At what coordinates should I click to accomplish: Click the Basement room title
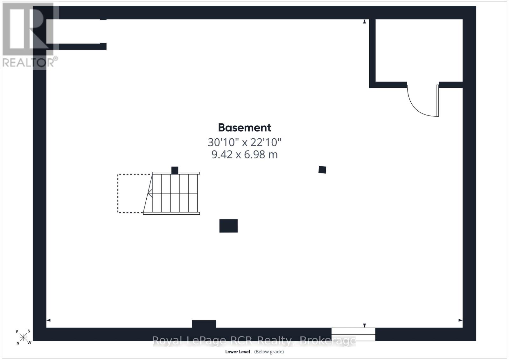point(245,128)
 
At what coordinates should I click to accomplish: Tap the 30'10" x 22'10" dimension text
point(245,142)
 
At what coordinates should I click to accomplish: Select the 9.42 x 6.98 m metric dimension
point(245,155)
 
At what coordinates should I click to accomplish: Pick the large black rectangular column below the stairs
point(228,226)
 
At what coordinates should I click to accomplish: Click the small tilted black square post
point(322,170)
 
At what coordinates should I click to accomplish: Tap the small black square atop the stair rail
point(175,170)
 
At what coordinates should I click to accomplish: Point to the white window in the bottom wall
point(353,334)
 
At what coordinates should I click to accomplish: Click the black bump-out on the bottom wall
point(204,324)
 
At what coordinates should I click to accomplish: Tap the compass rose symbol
point(23,337)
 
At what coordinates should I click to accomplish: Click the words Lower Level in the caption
point(237,352)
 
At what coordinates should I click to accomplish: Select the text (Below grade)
point(269,352)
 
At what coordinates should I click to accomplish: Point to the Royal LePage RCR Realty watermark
point(254,341)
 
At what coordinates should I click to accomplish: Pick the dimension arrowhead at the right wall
point(460,320)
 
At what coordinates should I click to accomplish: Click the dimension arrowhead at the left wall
point(48,320)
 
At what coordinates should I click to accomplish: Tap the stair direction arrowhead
point(150,193)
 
